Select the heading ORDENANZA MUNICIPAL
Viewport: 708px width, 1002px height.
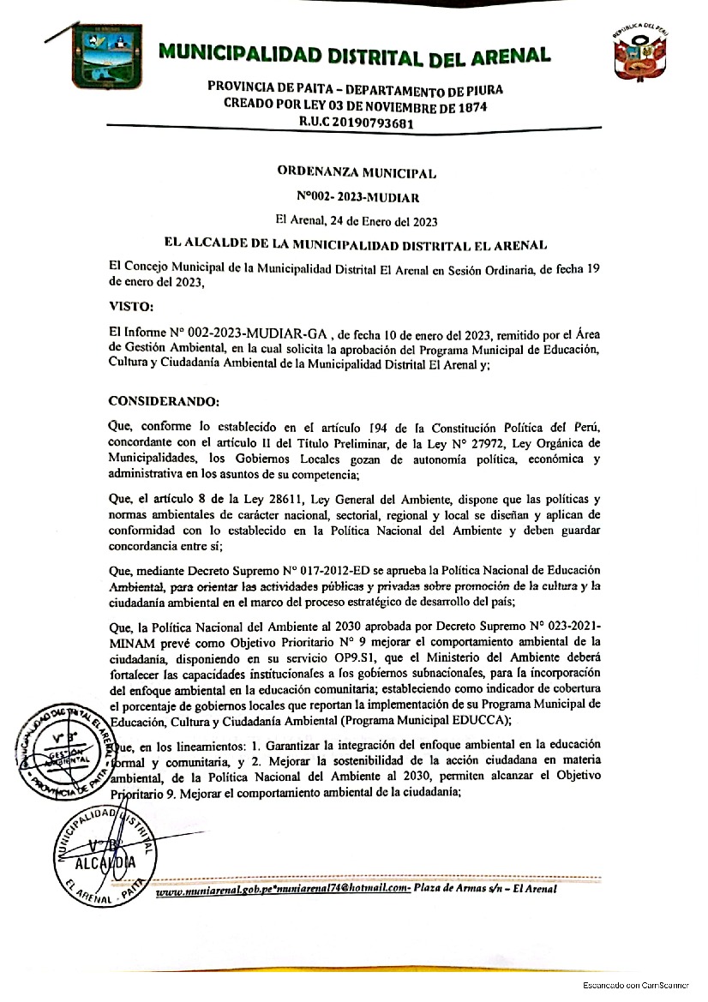point(357,172)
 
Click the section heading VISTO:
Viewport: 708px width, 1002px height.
point(131,306)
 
